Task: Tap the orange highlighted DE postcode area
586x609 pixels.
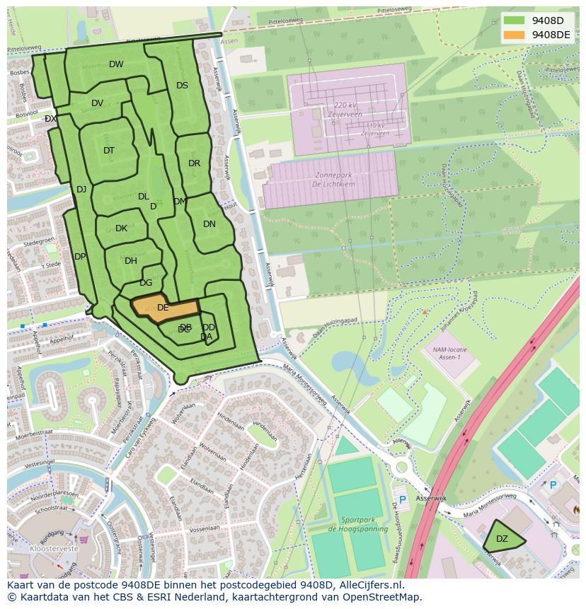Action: click(163, 308)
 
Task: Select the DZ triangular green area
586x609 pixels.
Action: click(502, 539)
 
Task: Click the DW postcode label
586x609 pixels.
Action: click(116, 64)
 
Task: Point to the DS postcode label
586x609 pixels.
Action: click(182, 86)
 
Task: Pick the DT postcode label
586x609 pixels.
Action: click(108, 151)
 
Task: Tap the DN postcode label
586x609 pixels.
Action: click(209, 224)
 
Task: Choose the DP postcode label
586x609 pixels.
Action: click(80, 257)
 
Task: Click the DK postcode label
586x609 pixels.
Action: click(121, 228)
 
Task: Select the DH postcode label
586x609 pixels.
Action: click(130, 261)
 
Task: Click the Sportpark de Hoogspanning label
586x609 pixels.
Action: click(357, 524)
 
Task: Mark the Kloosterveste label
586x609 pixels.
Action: click(54, 549)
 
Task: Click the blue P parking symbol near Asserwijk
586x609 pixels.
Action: click(403, 499)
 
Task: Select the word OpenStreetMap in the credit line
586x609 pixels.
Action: click(381, 597)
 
